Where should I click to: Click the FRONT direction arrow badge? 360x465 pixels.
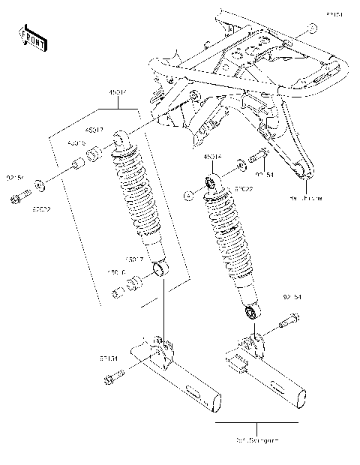(32, 37)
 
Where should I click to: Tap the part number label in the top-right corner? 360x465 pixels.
(333, 13)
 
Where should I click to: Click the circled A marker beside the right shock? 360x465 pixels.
(188, 196)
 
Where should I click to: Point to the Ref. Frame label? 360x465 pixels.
(307, 199)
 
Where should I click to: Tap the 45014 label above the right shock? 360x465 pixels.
(213, 158)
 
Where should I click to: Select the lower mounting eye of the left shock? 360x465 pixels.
(160, 268)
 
